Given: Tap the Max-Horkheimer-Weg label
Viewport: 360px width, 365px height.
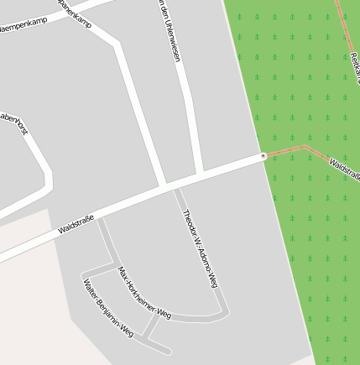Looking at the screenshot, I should (144, 294).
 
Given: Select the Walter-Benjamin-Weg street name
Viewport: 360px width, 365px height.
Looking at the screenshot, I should (108, 308).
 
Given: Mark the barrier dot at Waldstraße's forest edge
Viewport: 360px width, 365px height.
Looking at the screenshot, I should (263, 156).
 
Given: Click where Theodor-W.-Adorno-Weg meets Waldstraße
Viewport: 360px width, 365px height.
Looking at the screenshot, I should (175, 189).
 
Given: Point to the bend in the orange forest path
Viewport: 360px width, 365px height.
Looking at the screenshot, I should (306, 147).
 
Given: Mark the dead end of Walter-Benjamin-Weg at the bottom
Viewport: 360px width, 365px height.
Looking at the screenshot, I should (168, 350).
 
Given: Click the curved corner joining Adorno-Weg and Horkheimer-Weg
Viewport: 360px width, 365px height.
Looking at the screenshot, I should (222, 311).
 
